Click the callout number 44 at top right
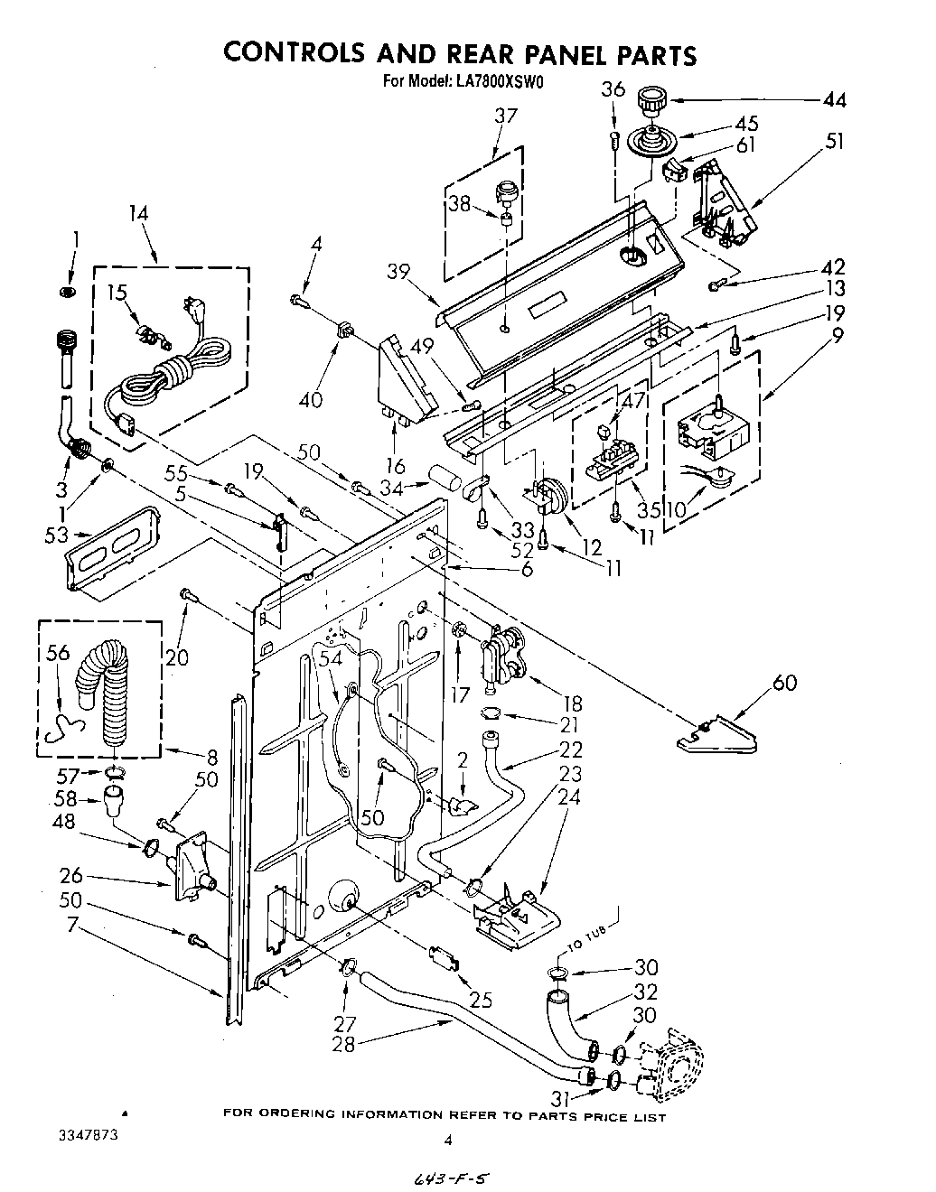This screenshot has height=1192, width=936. [x=834, y=100]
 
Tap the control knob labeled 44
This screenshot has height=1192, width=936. [x=649, y=100]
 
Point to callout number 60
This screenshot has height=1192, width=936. [x=784, y=683]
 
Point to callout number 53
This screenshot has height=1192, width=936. [x=56, y=535]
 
